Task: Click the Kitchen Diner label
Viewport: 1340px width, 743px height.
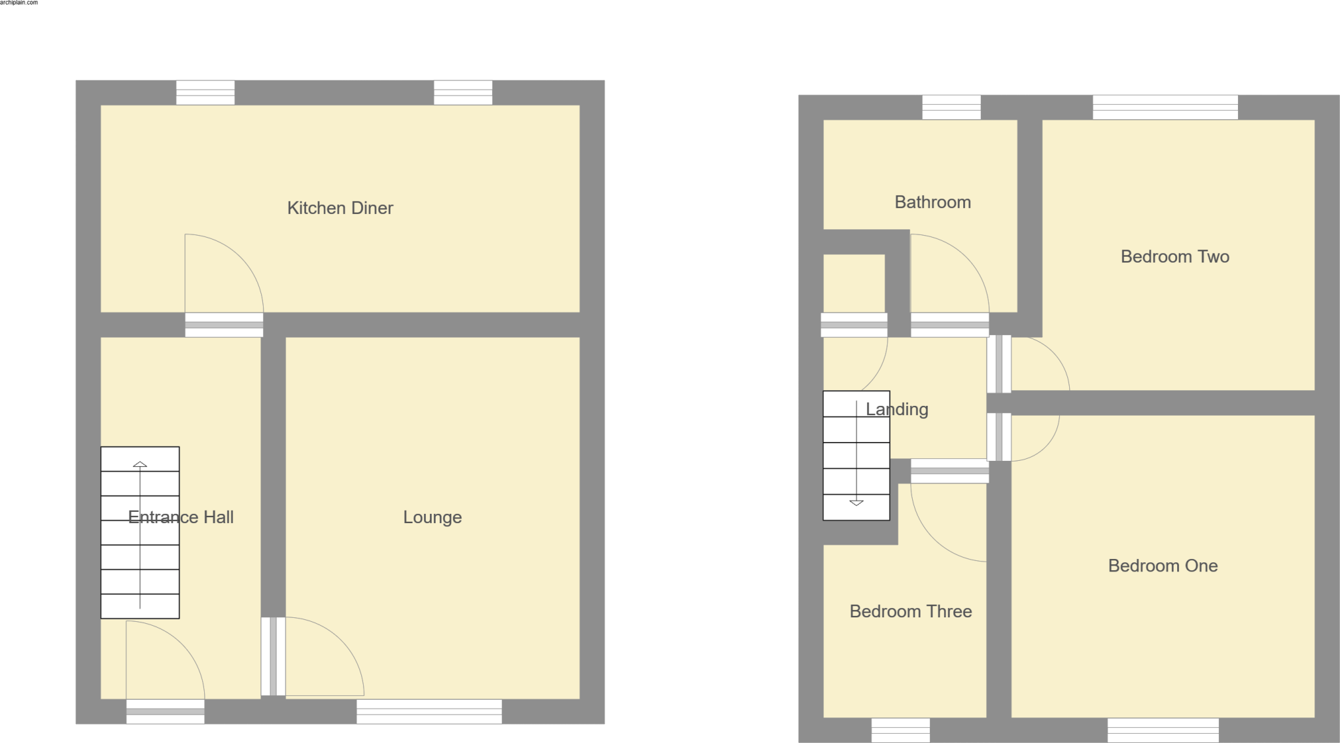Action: tap(340, 208)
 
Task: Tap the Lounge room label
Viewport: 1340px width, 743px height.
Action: tap(432, 517)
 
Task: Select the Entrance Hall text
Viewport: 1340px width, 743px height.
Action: tap(181, 517)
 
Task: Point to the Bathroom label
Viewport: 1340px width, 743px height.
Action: tap(932, 202)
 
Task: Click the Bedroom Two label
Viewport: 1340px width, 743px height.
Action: tap(1174, 257)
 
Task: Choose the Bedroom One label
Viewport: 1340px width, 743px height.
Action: tap(1163, 566)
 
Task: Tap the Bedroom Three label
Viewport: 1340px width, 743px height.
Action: tap(910, 611)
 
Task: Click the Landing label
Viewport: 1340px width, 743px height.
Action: tap(896, 409)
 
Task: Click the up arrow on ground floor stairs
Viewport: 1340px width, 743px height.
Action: tap(140, 464)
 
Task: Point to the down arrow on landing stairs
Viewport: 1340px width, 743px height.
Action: tap(856, 503)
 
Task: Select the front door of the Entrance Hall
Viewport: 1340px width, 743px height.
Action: tap(165, 711)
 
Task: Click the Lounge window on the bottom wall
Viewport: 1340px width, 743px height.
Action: tap(429, 711)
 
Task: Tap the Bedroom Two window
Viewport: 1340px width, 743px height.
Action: tap(1165, 107)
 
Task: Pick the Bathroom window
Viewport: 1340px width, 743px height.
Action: tap(951, 107)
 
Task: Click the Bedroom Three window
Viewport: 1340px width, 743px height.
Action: tap(900, 730)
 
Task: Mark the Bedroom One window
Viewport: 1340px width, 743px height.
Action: tap(1163, 730)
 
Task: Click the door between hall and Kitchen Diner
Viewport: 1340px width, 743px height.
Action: tap(224, 325)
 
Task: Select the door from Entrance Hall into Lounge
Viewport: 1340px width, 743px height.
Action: tap(273, 656)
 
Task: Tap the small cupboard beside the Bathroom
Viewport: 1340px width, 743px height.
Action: tap(853, 283)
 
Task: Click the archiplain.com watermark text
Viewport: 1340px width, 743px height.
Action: tap(19, 3)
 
